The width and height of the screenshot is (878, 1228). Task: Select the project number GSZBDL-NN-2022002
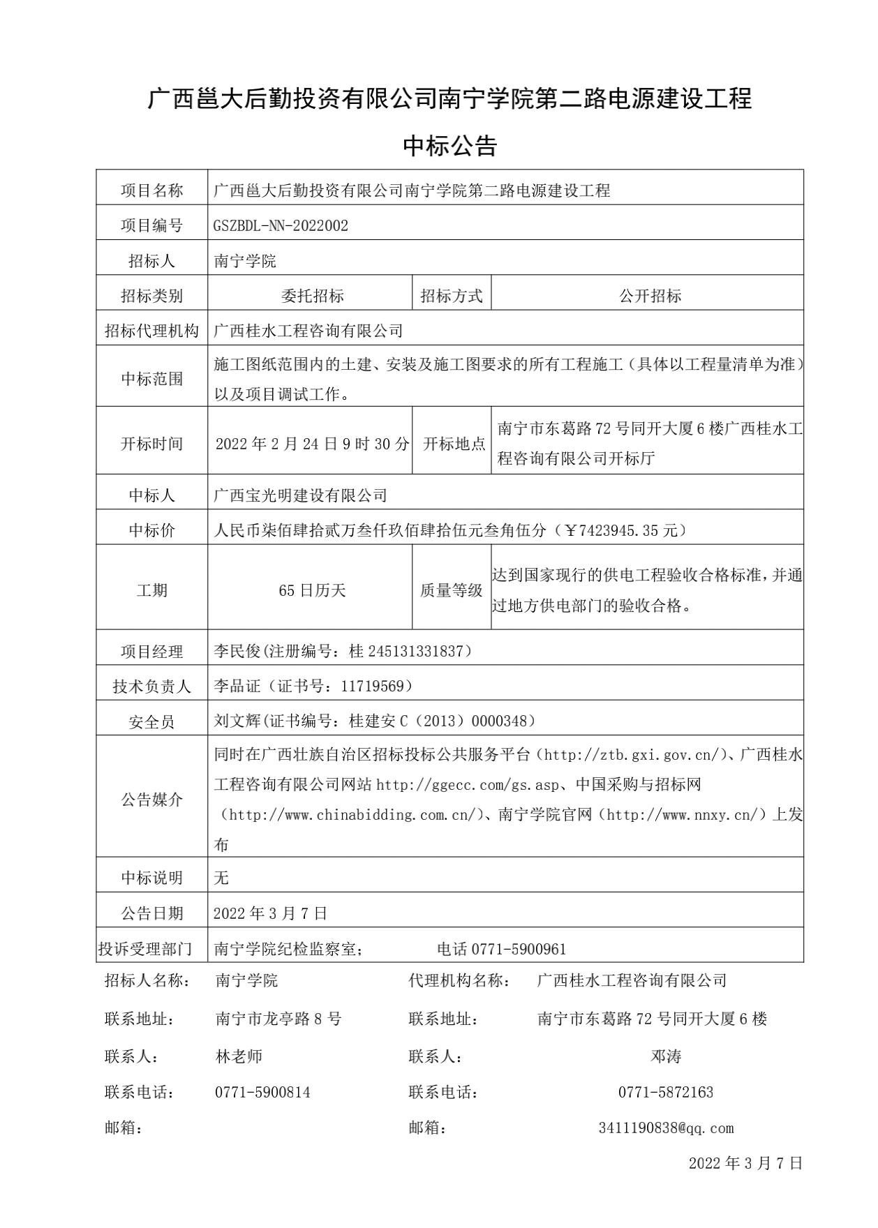[281, 225]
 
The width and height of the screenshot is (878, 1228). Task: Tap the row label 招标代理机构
[151, 331]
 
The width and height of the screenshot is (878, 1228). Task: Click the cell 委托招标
[312, 296]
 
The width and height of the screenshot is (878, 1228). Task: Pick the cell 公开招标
[650, 296]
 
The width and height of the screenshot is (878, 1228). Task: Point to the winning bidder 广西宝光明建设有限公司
[300, 495]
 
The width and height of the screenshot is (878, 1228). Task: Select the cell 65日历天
[312, 590]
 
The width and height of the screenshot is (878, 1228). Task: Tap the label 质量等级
[451, 590]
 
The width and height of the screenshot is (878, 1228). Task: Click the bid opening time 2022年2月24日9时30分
[312, 444]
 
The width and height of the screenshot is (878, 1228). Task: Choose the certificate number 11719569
[372, 687]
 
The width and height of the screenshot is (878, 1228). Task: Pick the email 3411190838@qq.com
[666, 1128]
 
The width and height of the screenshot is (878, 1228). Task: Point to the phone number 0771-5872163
[666, 1093]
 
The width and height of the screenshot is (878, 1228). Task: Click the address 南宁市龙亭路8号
[278, 1019]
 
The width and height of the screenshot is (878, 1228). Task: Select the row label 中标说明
[151, 878]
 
